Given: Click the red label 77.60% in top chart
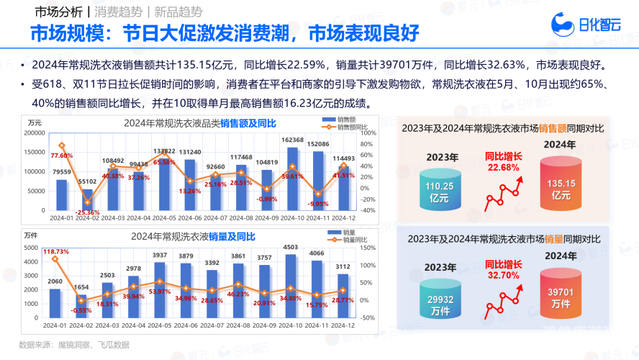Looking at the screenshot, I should (62, 156).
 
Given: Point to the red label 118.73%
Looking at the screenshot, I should (55, 251).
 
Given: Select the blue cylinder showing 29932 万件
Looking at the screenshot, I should (440, 294).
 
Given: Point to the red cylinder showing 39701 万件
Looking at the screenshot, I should (561, 294).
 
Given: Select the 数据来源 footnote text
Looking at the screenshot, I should (74, 344).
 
